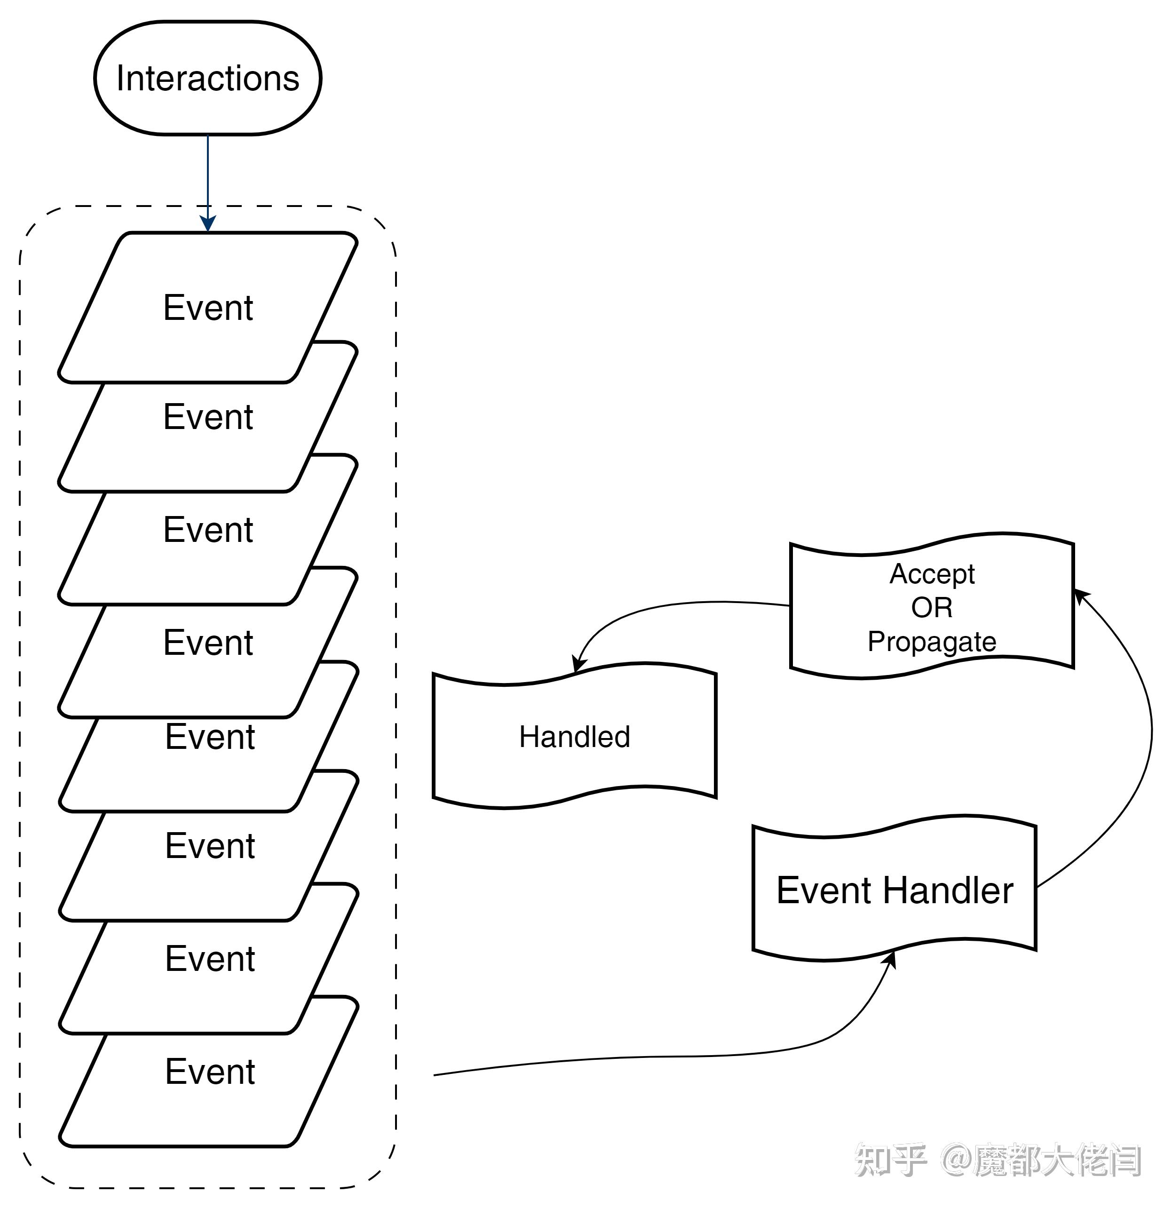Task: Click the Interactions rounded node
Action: click(208, 78)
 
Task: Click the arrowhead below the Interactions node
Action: click(208, 223)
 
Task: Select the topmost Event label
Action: click(208, 308)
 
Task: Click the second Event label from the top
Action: click(208, 417)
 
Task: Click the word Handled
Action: click(574, 737)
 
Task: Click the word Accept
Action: click(932, 574)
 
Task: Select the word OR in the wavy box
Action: click(932, 608)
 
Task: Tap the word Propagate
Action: click(932, 642)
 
